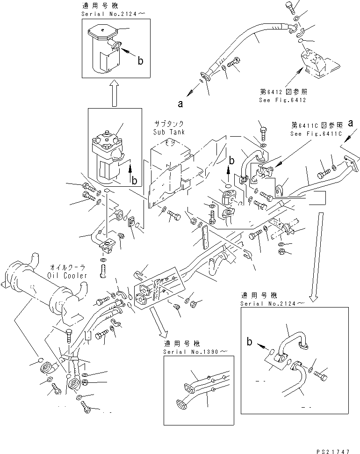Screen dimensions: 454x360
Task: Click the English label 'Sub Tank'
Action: (x=168, y=132)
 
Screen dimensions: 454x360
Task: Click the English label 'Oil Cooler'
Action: (x=68, y=276)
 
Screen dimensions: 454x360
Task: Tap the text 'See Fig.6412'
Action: (x=282, y=100)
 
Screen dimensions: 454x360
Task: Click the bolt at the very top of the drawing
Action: (x=289, y=7)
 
